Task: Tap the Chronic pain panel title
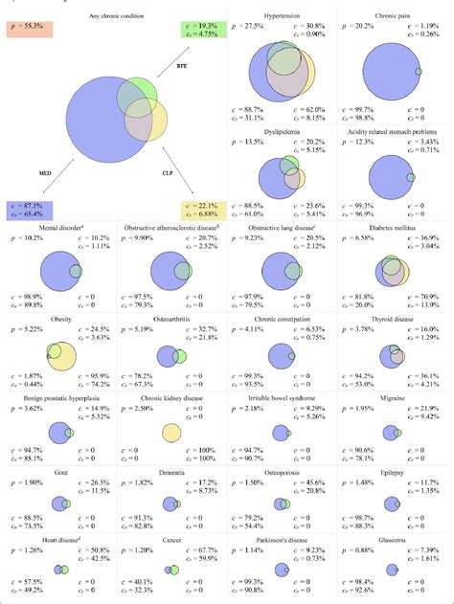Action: point(393,16)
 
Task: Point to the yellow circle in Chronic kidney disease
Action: point(170,434)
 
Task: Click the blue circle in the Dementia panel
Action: point(168,503)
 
